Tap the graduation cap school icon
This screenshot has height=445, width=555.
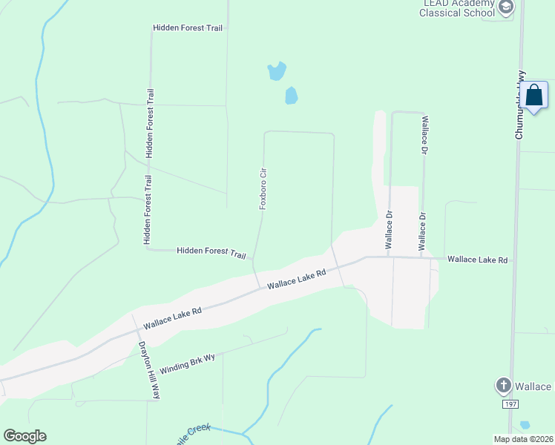pos(506,8)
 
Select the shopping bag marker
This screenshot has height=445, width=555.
pos(533,96)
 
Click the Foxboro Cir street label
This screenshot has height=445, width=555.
pos(263,188)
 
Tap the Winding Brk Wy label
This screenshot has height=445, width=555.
pos(187,363)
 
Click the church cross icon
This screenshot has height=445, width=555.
pos(503,386)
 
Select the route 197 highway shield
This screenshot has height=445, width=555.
pos(510,404)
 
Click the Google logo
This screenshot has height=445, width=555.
pos(24,436)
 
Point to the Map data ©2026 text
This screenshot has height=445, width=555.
pos(523,439)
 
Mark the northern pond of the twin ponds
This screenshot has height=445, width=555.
pos(277,71)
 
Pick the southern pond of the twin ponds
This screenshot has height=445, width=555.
pos(291,96)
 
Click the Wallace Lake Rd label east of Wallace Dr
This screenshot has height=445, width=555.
pos(477,260)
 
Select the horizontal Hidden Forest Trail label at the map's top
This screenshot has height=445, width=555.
pos(188,27)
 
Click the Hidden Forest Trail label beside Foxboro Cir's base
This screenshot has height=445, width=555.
pos(211,253)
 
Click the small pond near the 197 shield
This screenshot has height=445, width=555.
pos(525,425)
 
